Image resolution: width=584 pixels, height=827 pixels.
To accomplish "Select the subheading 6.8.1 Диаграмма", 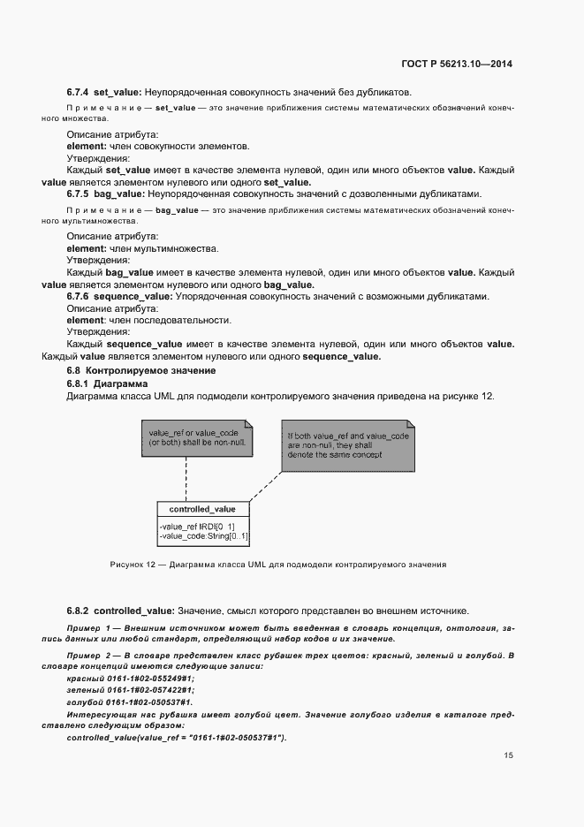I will coord(101,383).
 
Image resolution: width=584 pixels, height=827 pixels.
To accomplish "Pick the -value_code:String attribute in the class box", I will coord(204,536).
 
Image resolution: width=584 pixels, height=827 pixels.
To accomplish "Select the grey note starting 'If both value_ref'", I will coord(346,446).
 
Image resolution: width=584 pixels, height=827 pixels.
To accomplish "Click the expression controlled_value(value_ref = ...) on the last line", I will coord(177,737).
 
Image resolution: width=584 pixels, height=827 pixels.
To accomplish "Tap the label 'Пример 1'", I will coord(89,627).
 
